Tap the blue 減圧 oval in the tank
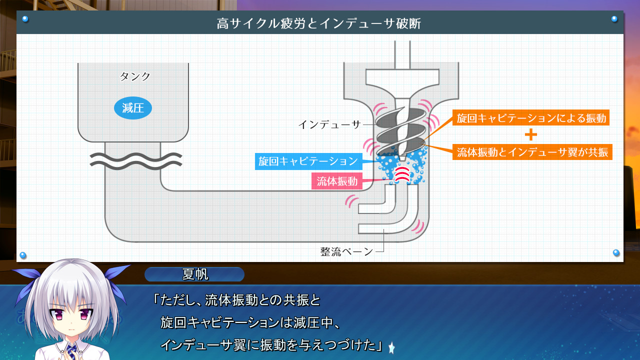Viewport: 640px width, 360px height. click(x=133, y=108)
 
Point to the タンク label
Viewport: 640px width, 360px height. click(x=135, y=76)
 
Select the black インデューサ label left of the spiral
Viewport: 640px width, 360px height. click(x=329, y=124)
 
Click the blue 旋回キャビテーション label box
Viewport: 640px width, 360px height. click(x=308, y=161)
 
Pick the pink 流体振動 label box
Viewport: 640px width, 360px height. click(x=337, y=181)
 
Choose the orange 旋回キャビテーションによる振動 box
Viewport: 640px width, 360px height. click(x=531, y=118)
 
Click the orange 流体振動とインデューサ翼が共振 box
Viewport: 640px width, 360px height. click(x=532, y=152)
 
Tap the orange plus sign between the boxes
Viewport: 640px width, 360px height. click(x=531, y=135)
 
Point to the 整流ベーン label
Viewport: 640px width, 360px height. click(x=346, y=251)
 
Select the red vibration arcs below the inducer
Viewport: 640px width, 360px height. click(x=401, y=174)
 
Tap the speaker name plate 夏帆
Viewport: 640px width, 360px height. click(x=194, y=274)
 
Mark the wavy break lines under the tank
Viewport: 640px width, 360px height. click(x=135, y=160)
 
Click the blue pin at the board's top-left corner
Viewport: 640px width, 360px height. click(x=25, y=19)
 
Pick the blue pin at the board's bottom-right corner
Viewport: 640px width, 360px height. click(x=616, y=253)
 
